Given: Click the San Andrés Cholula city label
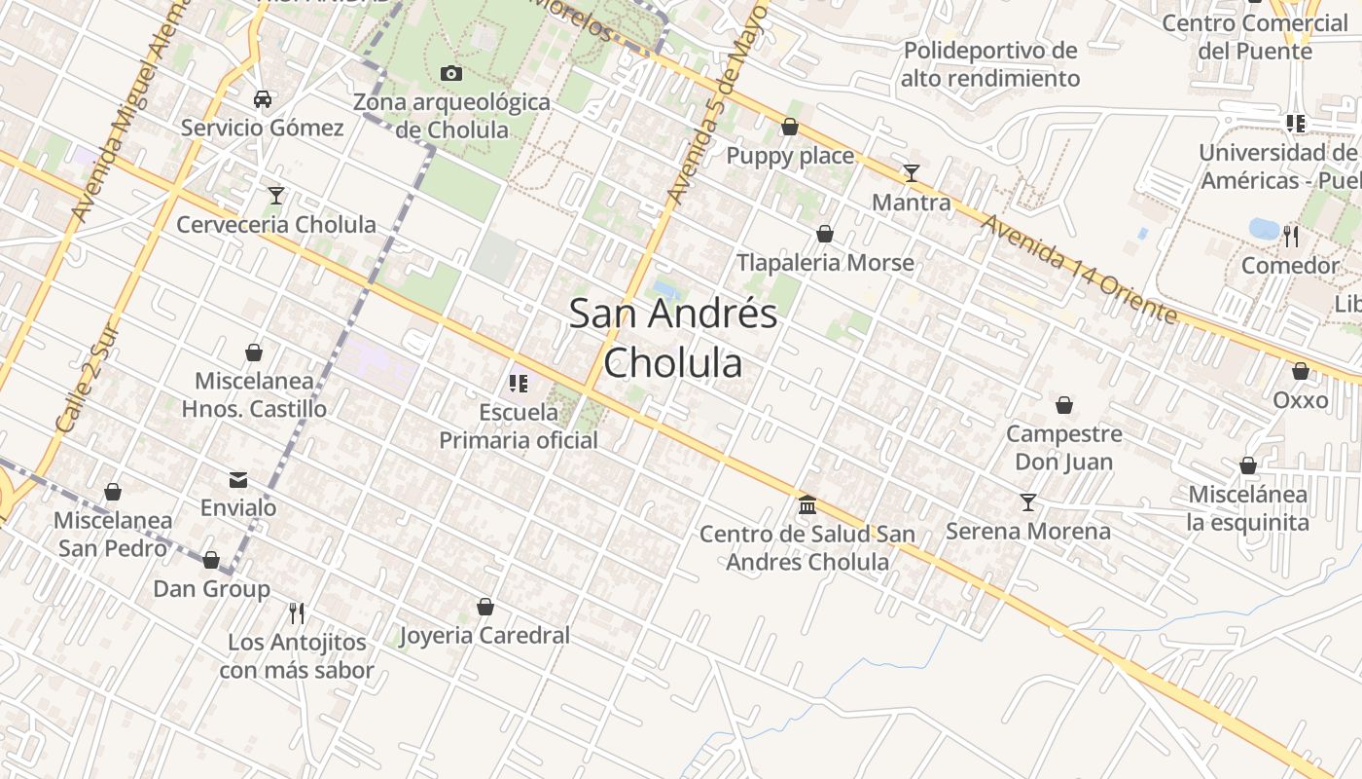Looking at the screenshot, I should (673, 338).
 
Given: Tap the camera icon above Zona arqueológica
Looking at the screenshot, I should (451, 73).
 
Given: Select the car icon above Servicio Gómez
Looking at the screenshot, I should (262, 98).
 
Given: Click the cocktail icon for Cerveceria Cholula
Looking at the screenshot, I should (276, 196).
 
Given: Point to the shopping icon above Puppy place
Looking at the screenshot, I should (790, 127).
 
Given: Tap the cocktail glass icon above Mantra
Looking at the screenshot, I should (911, 173).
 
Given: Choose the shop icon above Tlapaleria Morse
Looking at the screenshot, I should (825, 234).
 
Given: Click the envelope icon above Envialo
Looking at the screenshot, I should (238, 479).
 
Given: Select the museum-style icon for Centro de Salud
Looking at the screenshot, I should (807, 504).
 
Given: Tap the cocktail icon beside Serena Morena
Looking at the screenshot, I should (1028, 502).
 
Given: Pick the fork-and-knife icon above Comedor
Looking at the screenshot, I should (1290, 236).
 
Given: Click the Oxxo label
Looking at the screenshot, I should (1301, 400).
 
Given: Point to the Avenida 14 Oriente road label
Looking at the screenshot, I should (1079, 269).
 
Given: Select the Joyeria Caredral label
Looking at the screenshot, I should (484, 636).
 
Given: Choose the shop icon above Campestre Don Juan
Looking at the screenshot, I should (1064, 405).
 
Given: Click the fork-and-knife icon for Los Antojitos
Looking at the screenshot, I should (297, 612).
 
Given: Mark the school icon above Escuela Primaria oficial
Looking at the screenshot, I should (518, 384).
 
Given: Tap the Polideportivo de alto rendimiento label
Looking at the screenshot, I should (990, 64).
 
